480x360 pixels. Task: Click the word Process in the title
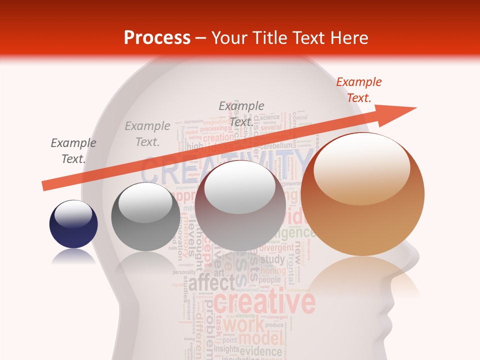[x=157, y=38]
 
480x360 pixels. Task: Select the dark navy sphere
[x=73, y=224]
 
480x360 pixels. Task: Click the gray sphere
[x=145, y=216]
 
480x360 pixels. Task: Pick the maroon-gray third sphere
[x=240, y=205]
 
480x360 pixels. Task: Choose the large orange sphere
[x=362, y=194]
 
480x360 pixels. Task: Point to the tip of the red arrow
[x=415, y=107]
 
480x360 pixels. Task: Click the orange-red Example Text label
[x=358, y=90]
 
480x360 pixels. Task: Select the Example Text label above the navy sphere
[x=73, y=151]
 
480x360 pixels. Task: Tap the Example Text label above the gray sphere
[x=147, y=134]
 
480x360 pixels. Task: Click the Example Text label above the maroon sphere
[x=241, y=113]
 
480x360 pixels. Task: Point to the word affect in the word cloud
[x=210, y=282]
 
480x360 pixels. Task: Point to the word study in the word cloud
[x=272, y=260]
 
